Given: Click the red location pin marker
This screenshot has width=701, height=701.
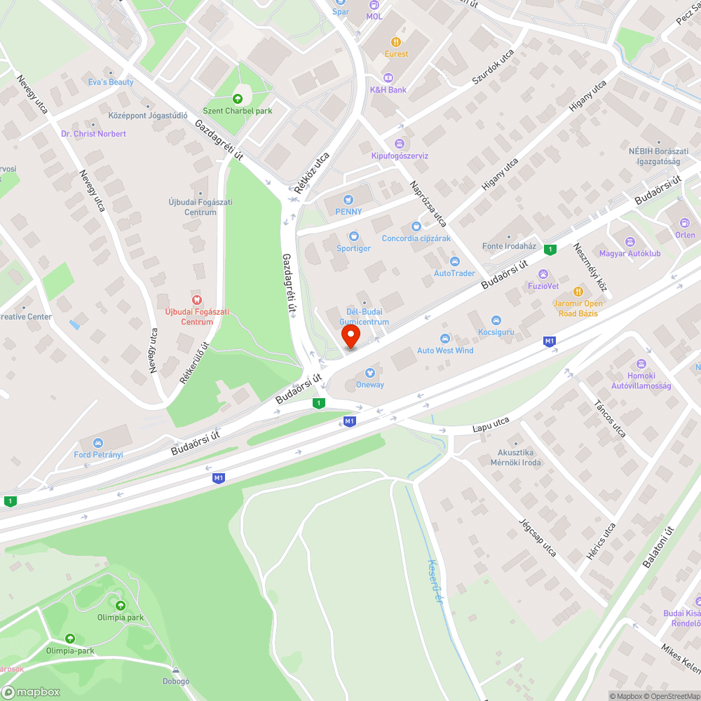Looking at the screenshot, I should (x=350, y=335).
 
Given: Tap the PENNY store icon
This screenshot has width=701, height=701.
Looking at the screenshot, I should (x=348, y=200).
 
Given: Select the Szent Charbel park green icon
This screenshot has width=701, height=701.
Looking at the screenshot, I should (x=237, y=98).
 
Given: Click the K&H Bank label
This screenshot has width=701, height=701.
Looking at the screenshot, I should (x=388, y=90).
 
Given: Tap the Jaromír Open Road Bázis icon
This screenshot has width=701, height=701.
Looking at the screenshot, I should (x=578, y=292).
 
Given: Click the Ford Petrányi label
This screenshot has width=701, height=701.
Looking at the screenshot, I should (x=98, y=454).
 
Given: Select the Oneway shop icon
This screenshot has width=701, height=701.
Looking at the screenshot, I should (x=369, y=373).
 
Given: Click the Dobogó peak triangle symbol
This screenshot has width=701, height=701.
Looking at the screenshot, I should (x=176, y=669).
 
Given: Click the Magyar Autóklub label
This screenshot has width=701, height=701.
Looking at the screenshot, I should (x=629, y=253).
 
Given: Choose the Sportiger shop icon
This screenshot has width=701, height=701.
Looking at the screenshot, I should (x=353, y=237).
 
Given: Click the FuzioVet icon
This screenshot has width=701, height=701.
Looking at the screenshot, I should (x=542, y=273).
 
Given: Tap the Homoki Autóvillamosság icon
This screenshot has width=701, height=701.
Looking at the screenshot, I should (x=641, y=364).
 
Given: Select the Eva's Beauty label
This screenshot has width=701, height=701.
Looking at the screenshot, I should (x=110, y=82).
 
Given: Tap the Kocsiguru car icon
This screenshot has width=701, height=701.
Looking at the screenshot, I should (x=496, y=320).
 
